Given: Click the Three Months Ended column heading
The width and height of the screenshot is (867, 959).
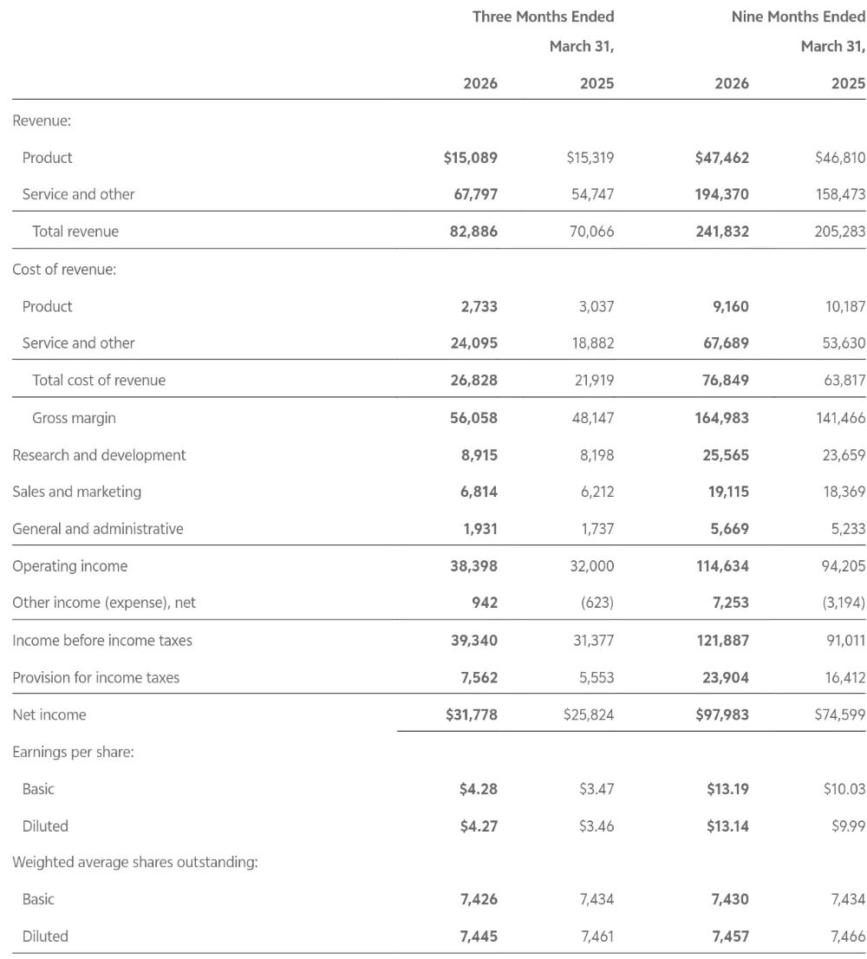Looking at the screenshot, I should click(543, 16).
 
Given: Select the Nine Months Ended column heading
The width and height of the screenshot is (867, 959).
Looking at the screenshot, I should click(798, 16).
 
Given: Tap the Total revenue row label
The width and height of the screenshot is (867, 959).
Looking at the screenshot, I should click(75, 232).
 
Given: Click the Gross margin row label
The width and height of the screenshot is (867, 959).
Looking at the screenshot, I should click(74, 418).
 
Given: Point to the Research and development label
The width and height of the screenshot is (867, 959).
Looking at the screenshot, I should click(99, 455).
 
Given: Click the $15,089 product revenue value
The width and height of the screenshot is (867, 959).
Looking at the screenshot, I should click(470, 158).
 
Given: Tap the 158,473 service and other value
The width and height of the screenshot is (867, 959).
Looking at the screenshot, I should click(840, 194).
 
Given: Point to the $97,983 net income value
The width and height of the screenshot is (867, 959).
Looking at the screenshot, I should click(721, 714).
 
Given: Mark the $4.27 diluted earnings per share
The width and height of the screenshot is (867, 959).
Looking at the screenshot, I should click(479, 826).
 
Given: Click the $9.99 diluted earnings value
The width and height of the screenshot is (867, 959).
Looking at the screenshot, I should click(848, 826).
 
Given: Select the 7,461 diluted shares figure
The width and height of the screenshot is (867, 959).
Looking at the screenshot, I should click(596, 936).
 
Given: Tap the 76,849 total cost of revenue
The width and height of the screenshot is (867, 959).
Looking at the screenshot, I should click(725, 380).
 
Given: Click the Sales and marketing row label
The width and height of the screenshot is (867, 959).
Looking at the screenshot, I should click(76, 492).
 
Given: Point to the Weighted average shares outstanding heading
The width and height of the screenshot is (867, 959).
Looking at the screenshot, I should click(135, 863).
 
